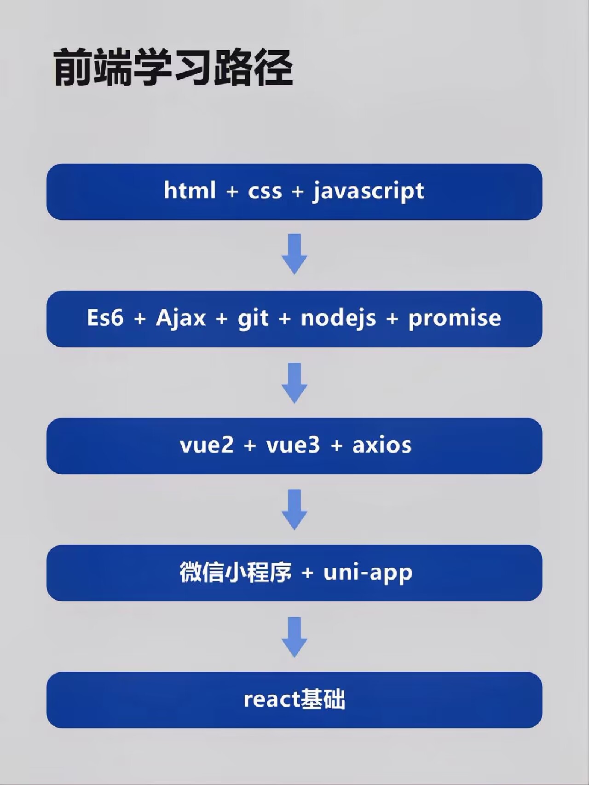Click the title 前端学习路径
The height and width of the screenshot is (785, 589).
click(x=173, y=68)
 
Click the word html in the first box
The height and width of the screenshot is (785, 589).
click(x=190, y=190)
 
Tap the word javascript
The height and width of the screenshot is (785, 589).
click(x=368, y=191)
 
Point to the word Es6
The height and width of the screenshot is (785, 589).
click(x=105, y=317)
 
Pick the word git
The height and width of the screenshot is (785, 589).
click(x=253, y=319)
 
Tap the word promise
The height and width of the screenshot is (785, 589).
click(x=455, y=319)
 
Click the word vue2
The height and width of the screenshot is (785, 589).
click(x=207, y=445)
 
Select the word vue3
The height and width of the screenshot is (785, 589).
click(x=293, y=445)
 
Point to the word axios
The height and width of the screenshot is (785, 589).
click(x=382, y=445)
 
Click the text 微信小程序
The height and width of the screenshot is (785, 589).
click(x=236, y=572)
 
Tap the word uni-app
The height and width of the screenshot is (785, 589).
click(x=368, y=573)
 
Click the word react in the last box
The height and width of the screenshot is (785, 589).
click(x=272, y=699)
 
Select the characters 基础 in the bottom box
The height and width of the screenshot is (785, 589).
click(x=323, y=699)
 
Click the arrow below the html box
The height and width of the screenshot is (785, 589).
click(x=294, y=254)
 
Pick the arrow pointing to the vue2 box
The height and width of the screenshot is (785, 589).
click(x=294, y=383)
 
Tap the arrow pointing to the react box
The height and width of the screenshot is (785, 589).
click(x=294, y=637)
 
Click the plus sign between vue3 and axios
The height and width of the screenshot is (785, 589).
click(x=337, y=446)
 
